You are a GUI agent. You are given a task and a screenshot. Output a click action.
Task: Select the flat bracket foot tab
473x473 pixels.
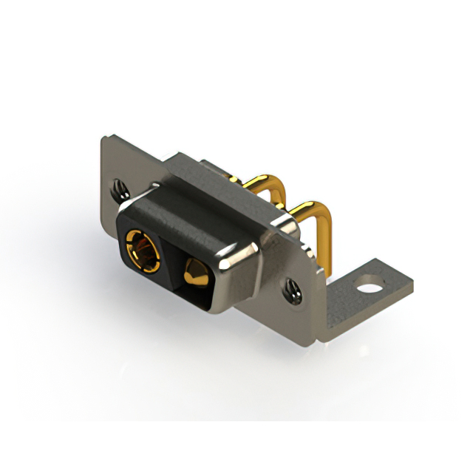370,288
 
